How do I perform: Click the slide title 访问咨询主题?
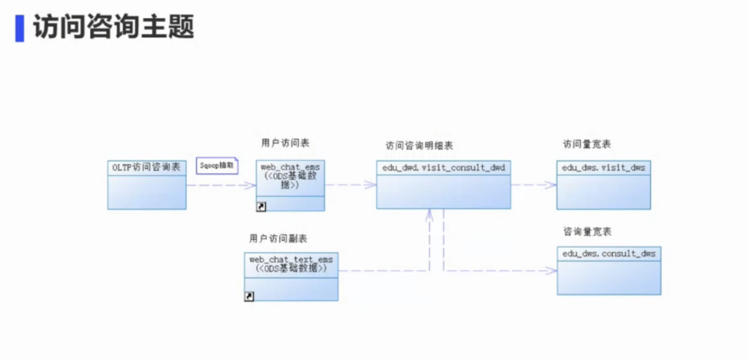(114, 27)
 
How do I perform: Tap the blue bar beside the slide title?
(20, 27)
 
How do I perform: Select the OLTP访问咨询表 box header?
(147, 168)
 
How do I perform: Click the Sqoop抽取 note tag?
(217, 166)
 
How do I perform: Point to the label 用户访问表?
(285, 143)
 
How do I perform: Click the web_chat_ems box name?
(290, 167)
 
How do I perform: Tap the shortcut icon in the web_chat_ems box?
(262, 206)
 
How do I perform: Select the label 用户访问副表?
(278, 238)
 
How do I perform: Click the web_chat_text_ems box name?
(291, 260)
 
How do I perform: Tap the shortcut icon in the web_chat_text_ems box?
(249, 296)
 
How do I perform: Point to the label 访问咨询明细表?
(420, 145)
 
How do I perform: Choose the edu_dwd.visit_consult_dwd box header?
(444, 168)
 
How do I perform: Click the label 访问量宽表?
(587, 144)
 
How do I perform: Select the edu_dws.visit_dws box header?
(603, 168)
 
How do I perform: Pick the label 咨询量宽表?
(587, 231)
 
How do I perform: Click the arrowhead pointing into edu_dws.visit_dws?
(551, 185)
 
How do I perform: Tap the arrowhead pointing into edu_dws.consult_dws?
(552, 271)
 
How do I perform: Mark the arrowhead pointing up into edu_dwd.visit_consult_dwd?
(429, 214)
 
